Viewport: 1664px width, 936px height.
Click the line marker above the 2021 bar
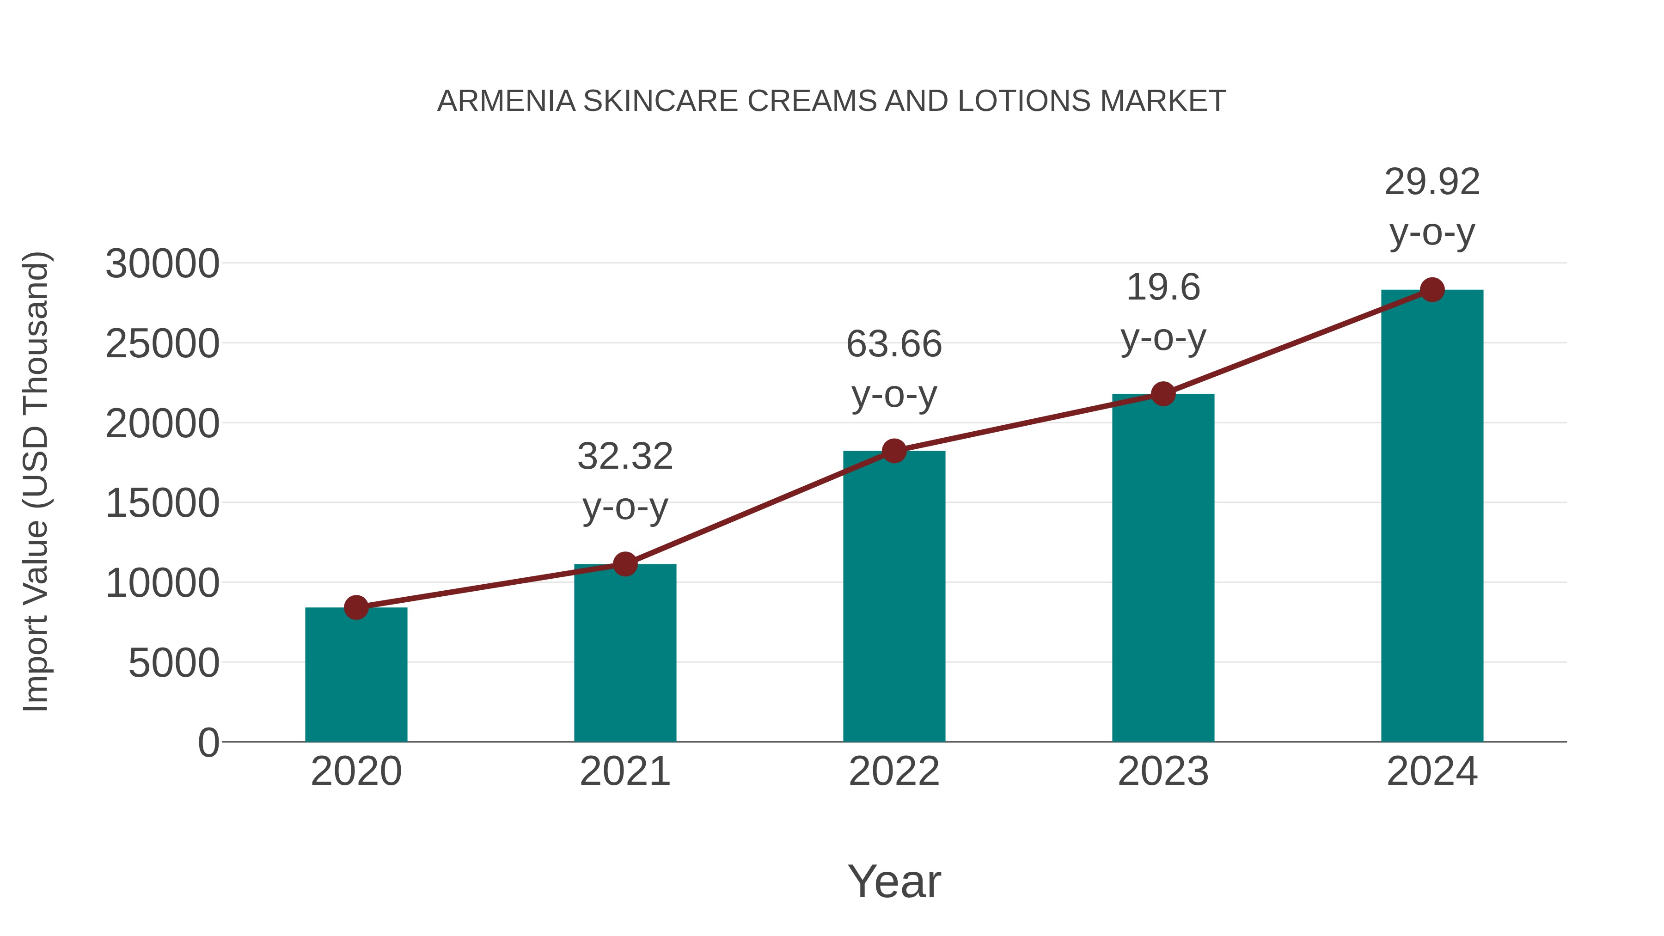pos(624,564)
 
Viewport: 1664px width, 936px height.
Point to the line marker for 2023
pos(1163,393)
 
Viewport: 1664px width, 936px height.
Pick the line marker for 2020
pos(356,607)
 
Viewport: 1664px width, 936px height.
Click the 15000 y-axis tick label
pos(162,503)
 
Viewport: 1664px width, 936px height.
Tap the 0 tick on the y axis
pos(208,742)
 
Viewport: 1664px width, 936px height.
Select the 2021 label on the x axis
pos(624,771)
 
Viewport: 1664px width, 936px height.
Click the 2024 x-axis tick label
pos(1432,771)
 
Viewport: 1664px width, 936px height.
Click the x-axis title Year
pos(894,881)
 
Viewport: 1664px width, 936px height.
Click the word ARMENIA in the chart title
pos(506,101)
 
